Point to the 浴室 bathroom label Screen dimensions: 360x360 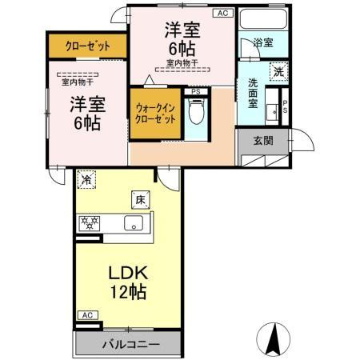click(262, 42)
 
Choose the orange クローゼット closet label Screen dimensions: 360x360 click(88, 46)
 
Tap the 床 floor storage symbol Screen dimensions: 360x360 click(138, 198)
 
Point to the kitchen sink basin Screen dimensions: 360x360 click(134, 222)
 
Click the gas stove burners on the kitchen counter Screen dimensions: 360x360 click(88, 222)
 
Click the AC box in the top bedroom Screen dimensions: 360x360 click(222, 14)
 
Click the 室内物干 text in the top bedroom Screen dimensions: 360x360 click(182, 62)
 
